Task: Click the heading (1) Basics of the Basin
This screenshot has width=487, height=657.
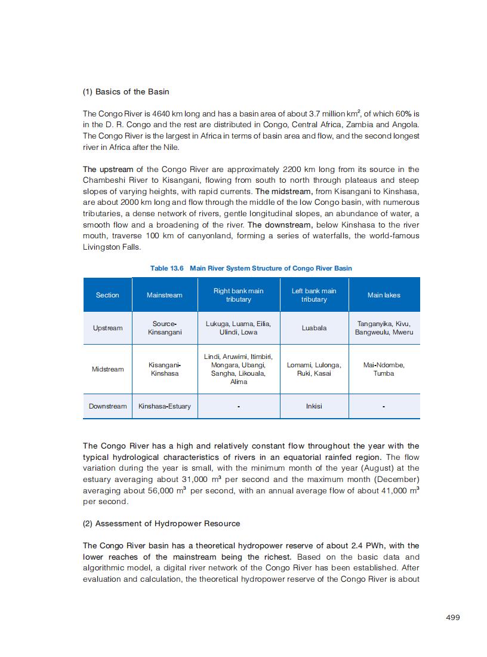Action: pos(126,91)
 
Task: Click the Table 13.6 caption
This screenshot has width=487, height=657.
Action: pos(251,268)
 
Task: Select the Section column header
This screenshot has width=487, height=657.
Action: pos(107,295)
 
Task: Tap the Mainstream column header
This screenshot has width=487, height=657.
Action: pos(164,295)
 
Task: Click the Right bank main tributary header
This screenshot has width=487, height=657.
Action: pos(238,295)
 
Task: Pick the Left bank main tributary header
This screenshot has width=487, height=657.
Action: pos(313,295)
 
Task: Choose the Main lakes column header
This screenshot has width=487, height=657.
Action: pos(384,295)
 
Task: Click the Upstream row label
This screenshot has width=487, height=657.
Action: pos(107,328)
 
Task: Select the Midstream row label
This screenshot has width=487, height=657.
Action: pos(107,369)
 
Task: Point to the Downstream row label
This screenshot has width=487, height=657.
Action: pos(107,406)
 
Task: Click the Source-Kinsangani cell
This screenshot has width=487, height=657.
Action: pos(164,328)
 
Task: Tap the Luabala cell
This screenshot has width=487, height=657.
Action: pos(313,328)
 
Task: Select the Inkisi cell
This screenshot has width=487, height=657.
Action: pos(313,406)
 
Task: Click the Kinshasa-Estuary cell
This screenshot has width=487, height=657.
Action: pos(164,406)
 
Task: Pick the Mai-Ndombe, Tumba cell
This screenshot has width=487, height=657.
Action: pos(384,369)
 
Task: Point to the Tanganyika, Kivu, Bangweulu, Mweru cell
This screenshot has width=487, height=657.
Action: pos(384,328)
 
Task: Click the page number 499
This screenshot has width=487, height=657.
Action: pos(453,618)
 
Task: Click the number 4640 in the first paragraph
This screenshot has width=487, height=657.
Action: pos(162,113)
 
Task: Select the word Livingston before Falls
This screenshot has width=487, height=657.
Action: pos(104,247)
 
